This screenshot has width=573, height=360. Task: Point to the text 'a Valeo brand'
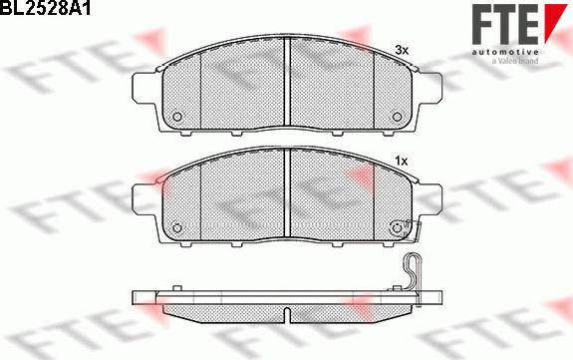pyautogui.click(x=515, y=61)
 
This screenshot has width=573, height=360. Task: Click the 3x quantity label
pyautogui.click(x=402, y=49)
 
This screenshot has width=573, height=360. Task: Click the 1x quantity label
pyautogui.click(x=402, y=160)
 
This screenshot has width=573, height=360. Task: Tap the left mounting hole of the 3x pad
pyautogui.click(x=178, y=116)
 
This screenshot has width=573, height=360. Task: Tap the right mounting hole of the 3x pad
pyautogui.click(x=395, y=116)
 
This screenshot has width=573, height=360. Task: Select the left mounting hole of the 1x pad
pyautogui.click(x=178, y=227)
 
